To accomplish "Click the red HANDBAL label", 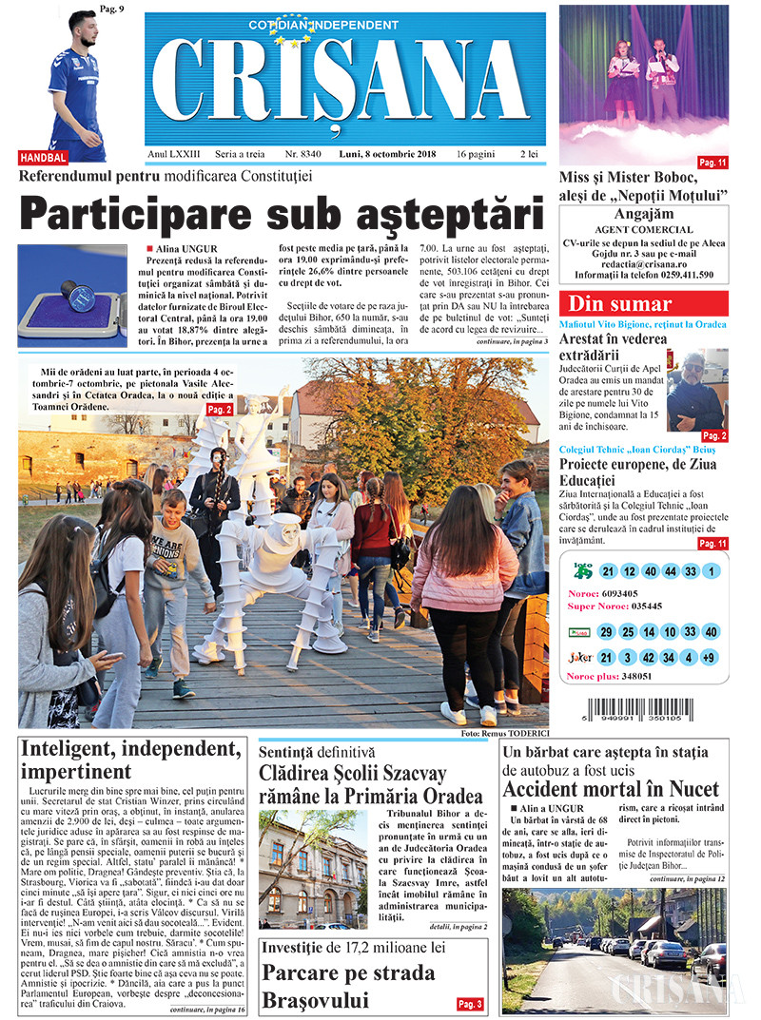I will (x=43, y=157).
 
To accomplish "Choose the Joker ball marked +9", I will (x=710, y=657).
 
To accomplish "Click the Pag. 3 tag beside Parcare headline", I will (x=470, y=1004).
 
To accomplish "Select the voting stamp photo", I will (x=72, y=296).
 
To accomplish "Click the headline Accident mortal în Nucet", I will (x=611, y=789).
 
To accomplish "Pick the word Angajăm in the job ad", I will (x=643, y=214).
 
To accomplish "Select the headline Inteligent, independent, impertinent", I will (x=130, y=759).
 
